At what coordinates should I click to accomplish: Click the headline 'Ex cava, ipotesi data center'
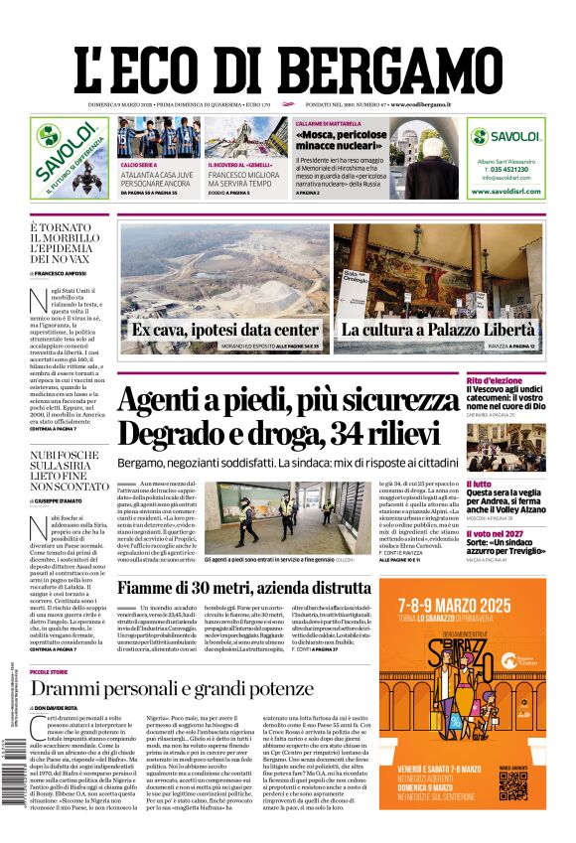tap(224, 330)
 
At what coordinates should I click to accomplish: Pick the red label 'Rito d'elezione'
tap(521, 381)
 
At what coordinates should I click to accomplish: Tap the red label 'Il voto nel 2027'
tap(522, 533)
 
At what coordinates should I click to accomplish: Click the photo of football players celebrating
tap(157, 138)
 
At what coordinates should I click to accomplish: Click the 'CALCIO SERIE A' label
tap(139, 165)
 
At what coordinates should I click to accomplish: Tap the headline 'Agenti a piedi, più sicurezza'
tap(288, 400)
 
